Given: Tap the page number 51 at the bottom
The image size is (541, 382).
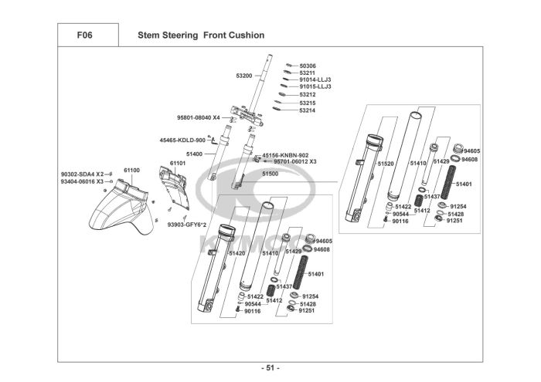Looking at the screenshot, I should coord(270,367).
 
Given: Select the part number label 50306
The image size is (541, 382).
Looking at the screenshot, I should coord(308,66).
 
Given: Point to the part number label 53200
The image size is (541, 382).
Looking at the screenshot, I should coord(244,76).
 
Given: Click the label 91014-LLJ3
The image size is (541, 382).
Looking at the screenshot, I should coord(315,79).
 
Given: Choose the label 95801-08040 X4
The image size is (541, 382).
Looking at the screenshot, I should coord(199,117).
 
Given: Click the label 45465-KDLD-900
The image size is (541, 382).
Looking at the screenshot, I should coord(182,140).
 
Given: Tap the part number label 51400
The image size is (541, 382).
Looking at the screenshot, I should coord(194,154).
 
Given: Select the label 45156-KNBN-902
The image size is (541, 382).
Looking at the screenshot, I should coord(285,154).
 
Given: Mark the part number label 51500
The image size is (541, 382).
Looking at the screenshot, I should coord(270,174).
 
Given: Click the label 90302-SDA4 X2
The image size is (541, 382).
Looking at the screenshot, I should coord(82,174).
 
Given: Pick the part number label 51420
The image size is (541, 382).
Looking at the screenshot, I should coord(236,252).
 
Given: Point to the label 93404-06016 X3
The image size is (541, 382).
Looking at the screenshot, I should coord(82,181).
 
